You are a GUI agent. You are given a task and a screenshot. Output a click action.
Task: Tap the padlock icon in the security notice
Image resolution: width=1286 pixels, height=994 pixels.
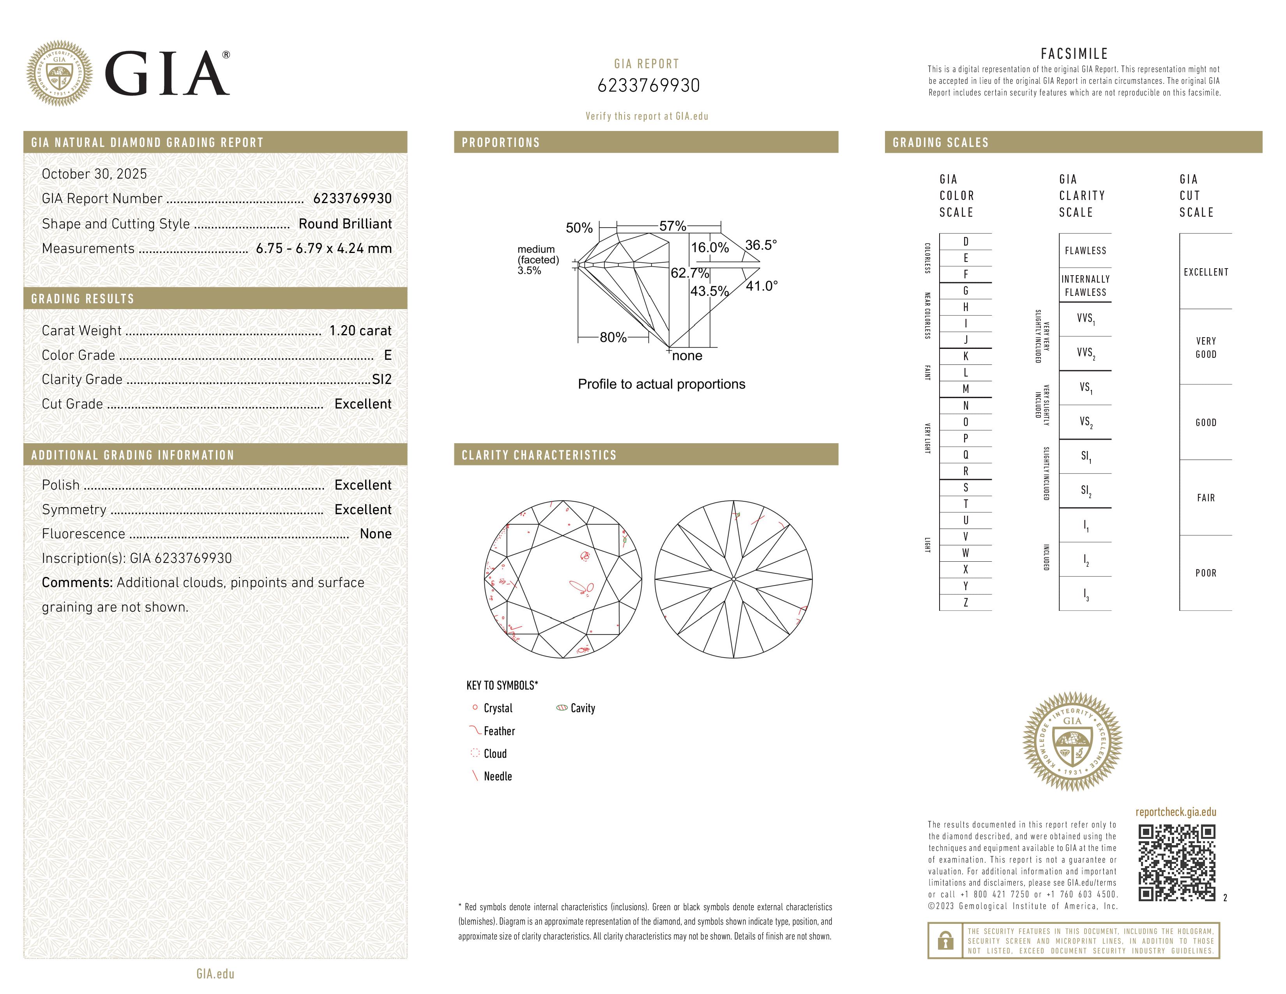[x=945, y=941]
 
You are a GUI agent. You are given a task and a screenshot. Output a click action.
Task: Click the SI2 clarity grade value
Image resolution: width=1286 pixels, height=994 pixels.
[x=382, y=380]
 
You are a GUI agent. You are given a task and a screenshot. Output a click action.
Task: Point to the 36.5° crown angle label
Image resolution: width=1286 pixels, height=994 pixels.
[x=761, y=245]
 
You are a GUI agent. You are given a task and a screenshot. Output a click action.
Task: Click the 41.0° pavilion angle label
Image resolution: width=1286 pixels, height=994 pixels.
[x=761, y=286]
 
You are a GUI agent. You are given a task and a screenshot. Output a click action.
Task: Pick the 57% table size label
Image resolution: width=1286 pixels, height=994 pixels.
[x=673, y=226]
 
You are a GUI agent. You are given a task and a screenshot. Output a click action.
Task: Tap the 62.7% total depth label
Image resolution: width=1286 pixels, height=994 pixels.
[x=689, y=273]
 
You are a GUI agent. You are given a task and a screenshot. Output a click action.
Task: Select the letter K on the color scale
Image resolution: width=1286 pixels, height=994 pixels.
[x=966, y=356]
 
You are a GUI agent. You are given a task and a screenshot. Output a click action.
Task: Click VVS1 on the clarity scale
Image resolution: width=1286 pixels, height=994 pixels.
[x=1085, y=318]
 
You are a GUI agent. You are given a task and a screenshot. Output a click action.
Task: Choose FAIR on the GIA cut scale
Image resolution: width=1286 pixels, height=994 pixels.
[x=1205, y=498]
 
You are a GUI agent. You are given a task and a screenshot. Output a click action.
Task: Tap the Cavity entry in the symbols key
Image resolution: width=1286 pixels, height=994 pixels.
[x=582, y=708]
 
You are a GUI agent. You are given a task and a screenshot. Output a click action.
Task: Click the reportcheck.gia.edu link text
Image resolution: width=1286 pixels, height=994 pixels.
[x=1175, y=812]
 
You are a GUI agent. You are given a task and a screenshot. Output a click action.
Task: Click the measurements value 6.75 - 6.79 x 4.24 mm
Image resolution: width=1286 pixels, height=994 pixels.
[x=323, y=249]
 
